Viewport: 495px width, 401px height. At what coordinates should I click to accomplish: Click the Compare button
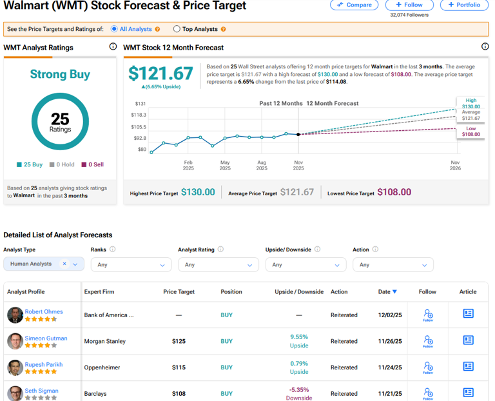point(354,5)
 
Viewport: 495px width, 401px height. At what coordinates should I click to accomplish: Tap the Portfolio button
point(464,5)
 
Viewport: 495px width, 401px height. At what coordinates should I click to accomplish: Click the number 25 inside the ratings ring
point(60,118)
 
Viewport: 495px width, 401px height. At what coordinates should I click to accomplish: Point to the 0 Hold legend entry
point(62,164)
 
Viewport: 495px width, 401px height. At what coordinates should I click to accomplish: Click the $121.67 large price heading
point(160,73)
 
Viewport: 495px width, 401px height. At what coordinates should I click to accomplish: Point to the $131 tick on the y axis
point(140,104)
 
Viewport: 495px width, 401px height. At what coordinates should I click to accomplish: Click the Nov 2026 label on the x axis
point(455,166)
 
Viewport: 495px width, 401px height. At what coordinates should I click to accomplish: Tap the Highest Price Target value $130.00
point(198,192)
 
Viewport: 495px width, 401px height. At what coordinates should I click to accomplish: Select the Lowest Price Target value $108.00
point(394,192)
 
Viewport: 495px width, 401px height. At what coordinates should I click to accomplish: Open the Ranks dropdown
point(131,264)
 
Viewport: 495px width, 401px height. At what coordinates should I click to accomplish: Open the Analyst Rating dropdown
point(218,264)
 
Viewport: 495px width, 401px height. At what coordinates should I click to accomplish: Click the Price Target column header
point(179,291)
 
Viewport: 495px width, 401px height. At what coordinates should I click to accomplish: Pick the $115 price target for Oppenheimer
point(179,367)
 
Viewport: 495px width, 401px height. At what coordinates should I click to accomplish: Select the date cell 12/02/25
point(389,315)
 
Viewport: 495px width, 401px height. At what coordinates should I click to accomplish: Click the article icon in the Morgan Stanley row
point(468,340)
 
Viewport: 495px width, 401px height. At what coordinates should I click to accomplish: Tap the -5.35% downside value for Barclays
point(299,389)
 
